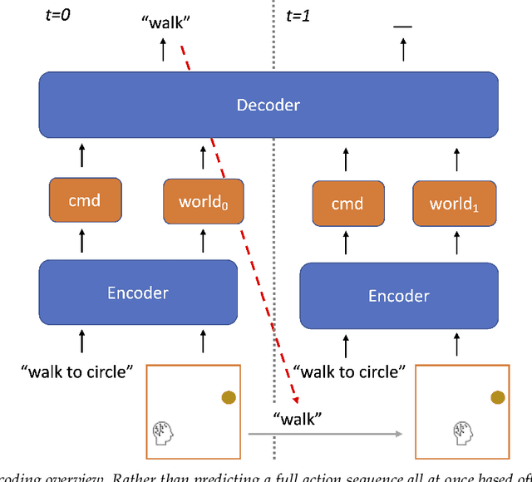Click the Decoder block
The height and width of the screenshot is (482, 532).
click(x=268, y=105)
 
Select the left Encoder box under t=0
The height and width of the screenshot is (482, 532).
click(x=137, y=293)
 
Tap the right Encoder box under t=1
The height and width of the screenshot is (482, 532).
click(x=398, y=296)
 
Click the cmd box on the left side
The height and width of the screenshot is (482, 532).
click(x=86, y=200)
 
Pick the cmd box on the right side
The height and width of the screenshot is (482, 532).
click(x=347, y=204)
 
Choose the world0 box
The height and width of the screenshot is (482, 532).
click(x=204, y=200)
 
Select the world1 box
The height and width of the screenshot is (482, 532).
click(x=454, y=204)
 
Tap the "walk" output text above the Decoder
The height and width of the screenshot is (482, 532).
click(x=165, y=22)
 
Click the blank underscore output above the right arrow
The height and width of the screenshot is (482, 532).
click(x=402, y=26)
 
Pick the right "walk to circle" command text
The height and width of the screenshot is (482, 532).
click(x=348, y=371)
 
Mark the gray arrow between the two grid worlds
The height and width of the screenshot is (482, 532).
click(x=324, y=433)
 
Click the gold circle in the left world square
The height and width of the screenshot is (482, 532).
click(x=228, y=398)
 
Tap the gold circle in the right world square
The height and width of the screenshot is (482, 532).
click(x=497, y=398)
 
